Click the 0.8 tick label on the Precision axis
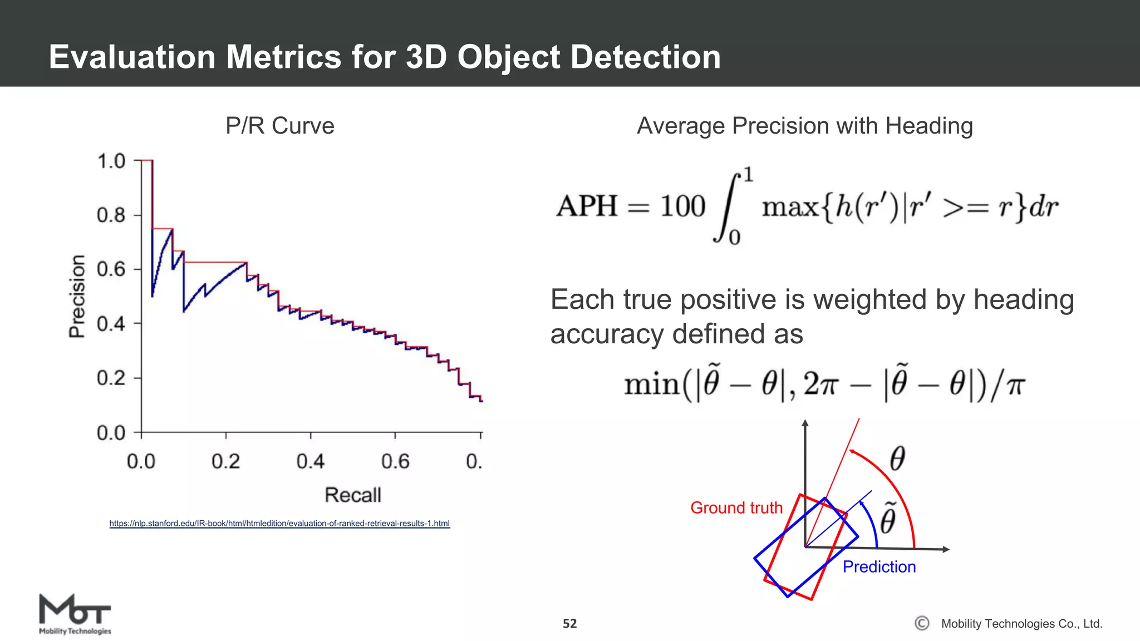pos(111,215)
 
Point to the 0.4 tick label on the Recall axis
pos(310,461)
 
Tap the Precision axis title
pos(77,296)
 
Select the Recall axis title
pos(353,495)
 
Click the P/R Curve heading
pos(279,126)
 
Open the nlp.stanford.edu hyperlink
pos(279,524)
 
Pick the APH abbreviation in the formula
pos(587,206)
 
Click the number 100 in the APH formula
pos(682,206)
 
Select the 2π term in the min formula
pos(820,384)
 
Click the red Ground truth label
pos(736,507)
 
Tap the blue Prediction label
pos(878,566)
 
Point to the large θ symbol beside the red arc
pos(897,459)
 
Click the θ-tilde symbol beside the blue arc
pos(888,519)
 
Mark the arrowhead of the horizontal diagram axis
pos(945,549)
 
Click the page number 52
pos(569,624)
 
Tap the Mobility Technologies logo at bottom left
pos(75,614)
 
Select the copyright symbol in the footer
pos(922,623)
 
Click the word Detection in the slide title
pos(645,57)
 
